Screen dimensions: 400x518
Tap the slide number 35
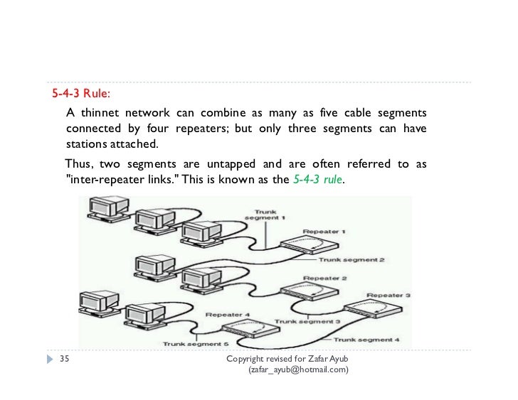pyautogui.click(x=64, y=359)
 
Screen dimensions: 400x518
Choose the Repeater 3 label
pyautogui.click(x=388, y=294)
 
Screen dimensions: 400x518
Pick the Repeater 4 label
pyautogui.click(x=228, y=313)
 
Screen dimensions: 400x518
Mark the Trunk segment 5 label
pyautogui.click(x=194, y=344)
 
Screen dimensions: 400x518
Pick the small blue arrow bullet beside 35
pyautogui.click(x=49, y=359)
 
